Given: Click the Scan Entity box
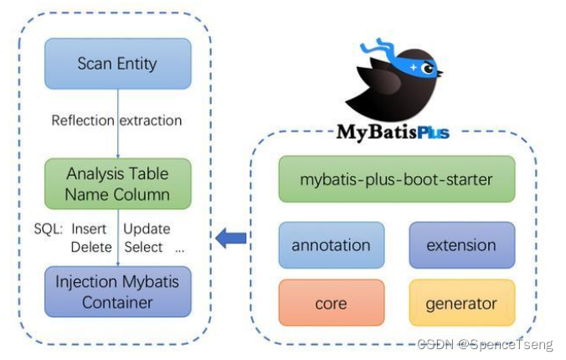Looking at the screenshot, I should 117,64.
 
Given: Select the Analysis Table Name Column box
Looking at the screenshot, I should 117,184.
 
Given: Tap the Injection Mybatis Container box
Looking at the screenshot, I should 117,291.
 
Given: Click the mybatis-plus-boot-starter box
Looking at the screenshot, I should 396,178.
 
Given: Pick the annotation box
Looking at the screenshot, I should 331,245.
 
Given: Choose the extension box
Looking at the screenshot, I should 461,245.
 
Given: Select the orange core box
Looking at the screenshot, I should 331,303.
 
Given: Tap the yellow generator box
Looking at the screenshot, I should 461,303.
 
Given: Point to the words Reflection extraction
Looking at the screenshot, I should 116,121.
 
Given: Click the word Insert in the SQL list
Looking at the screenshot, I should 89,229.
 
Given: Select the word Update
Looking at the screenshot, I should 147,229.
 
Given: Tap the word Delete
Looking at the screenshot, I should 91,247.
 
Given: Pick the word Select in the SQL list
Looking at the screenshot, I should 143,247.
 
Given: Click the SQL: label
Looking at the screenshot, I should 49,229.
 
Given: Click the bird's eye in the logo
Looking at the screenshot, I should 429,68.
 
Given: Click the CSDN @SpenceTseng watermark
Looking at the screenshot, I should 485,345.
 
